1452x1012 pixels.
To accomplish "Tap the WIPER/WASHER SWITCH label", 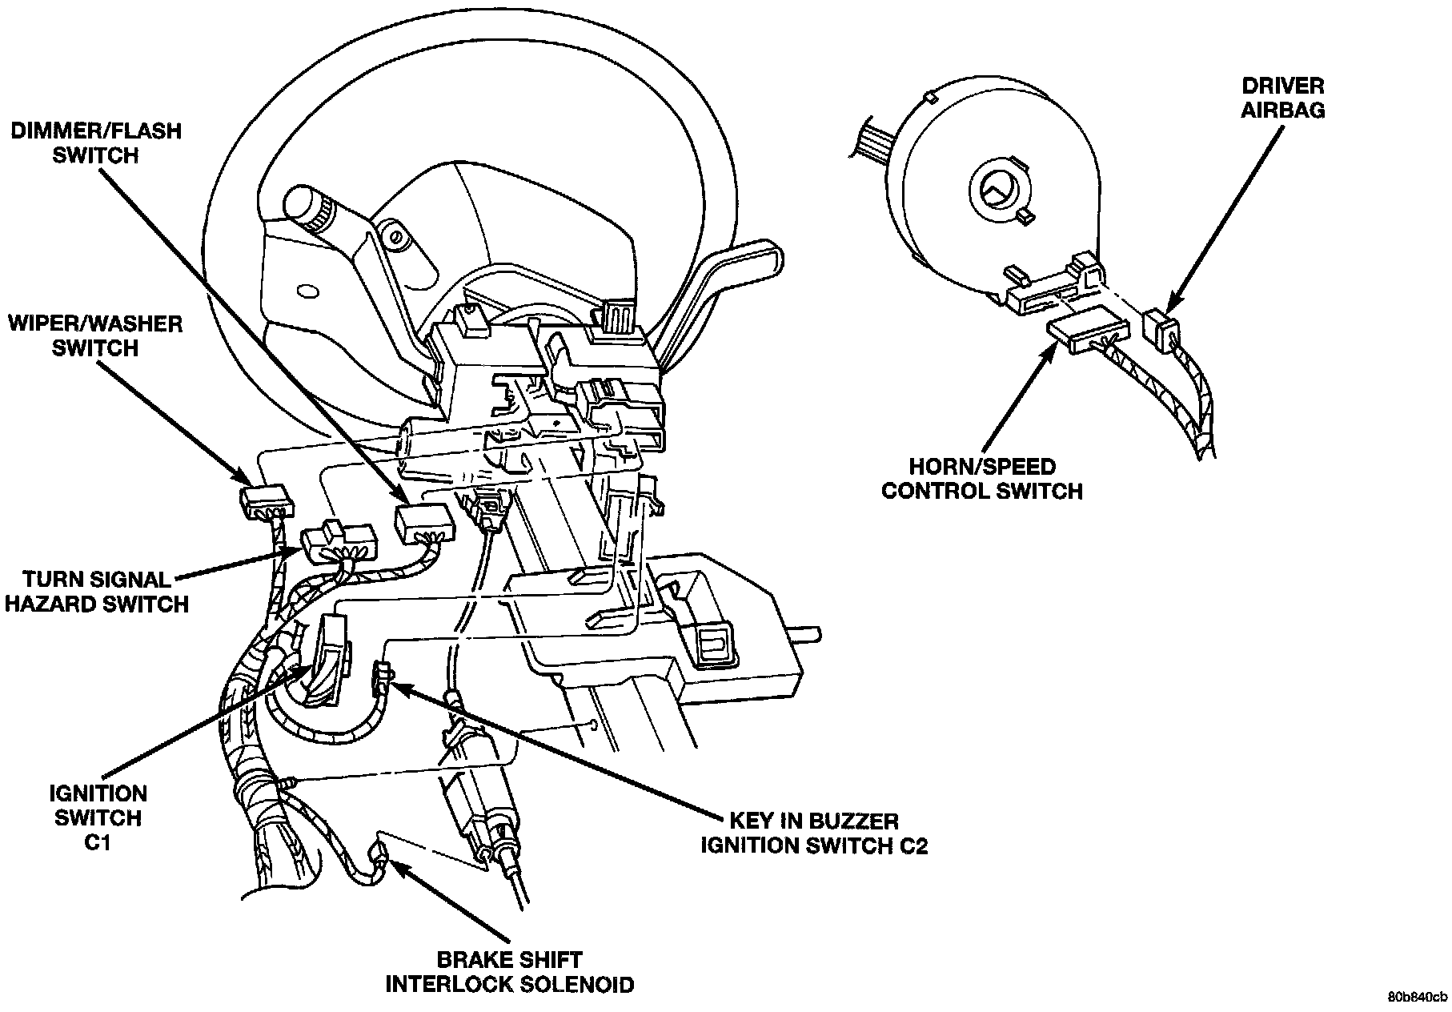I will [x=96, y=336].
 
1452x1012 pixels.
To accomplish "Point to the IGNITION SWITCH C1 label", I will [x=97, y=817].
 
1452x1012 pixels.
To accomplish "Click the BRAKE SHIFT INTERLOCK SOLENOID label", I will [x=509, y=970].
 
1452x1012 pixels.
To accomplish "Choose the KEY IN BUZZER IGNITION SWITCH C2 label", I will [x=814, y=833].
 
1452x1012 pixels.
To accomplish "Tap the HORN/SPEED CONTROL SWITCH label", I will [x=981, y=478].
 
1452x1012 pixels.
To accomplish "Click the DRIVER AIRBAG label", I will [x=1282, y=98].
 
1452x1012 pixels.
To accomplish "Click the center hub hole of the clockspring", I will [x=997, y=189].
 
